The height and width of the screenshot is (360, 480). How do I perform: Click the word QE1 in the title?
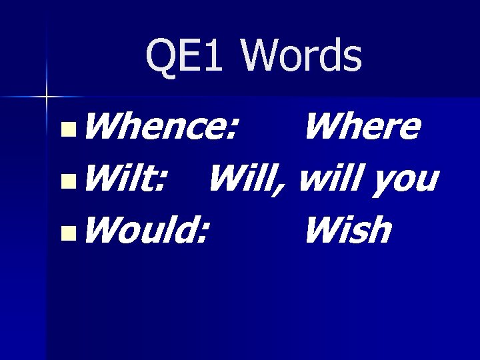pos(184,56)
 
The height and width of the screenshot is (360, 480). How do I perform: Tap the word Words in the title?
pos(303,56)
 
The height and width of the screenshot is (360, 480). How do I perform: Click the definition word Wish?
pos(347,231)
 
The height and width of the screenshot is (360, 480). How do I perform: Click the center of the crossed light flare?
pos(46,97)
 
